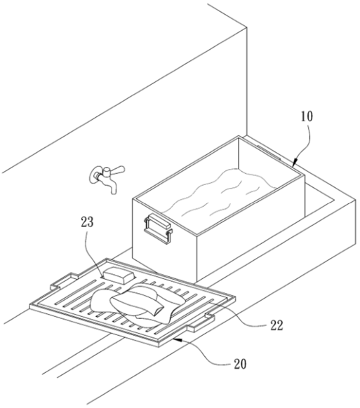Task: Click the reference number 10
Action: [x=307, y=116]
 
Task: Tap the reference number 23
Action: [x=87, y=222]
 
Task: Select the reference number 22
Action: [x=276, y=325]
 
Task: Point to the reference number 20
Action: [x=240, y=364]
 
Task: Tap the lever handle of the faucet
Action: [x=117, y=170]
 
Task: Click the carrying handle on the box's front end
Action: [x=158, y=229]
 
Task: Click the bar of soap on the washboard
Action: [x=119, y=275]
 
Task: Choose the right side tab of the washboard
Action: [x=201, y=322]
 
